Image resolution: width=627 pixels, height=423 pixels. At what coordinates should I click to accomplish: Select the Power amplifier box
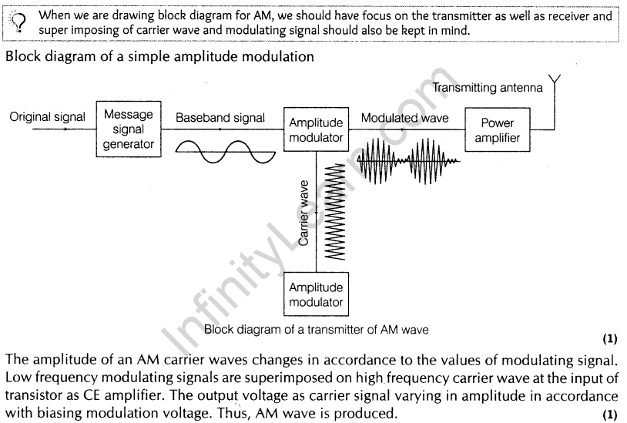coord(497,131)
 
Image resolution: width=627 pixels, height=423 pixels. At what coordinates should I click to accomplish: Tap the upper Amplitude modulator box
coord(315,130)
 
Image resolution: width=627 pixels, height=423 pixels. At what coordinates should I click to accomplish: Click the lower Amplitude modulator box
coord(315,294)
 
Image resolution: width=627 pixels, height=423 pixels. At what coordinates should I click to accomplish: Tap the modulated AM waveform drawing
coord(407,160)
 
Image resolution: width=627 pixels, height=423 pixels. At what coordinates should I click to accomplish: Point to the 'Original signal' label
coord(47,118)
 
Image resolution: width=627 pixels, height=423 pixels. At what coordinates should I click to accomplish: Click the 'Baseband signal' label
coord(220,118)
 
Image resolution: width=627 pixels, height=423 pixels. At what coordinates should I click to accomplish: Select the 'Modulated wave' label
coord(404,118)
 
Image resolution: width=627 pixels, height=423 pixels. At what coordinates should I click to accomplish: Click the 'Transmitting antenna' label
coord(488,88)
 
